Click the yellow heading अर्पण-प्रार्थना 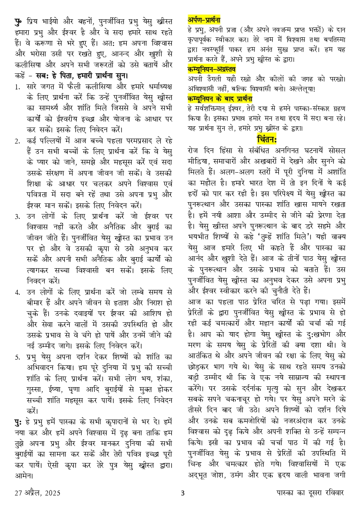coord(204,19)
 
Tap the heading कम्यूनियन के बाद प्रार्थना coord(219,99)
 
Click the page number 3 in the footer coord(182,493)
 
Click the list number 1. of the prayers coord(17,87)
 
